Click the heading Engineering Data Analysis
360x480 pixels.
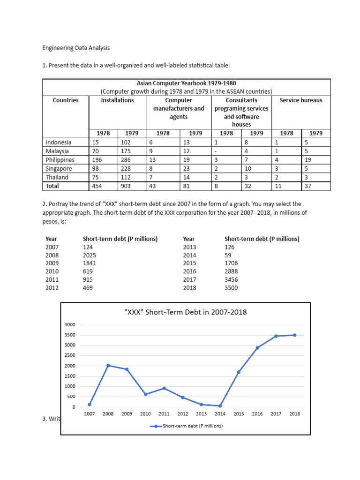(75, 48)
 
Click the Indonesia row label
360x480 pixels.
(59, 142)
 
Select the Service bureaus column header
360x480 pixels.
(301, 100)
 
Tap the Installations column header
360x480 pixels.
(117, 100)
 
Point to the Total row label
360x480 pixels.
(53, 186)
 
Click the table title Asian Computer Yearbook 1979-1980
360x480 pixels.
(186, 83)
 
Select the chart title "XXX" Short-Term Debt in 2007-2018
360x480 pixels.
(185, 312)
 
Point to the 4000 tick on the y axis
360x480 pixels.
(70, 325)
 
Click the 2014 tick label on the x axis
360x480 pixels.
(220, 414)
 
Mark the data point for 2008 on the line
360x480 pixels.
(108, 366)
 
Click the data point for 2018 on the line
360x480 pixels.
(294, 335)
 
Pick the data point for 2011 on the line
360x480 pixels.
(164, 388)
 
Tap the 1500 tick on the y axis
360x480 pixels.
(70, 376)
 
